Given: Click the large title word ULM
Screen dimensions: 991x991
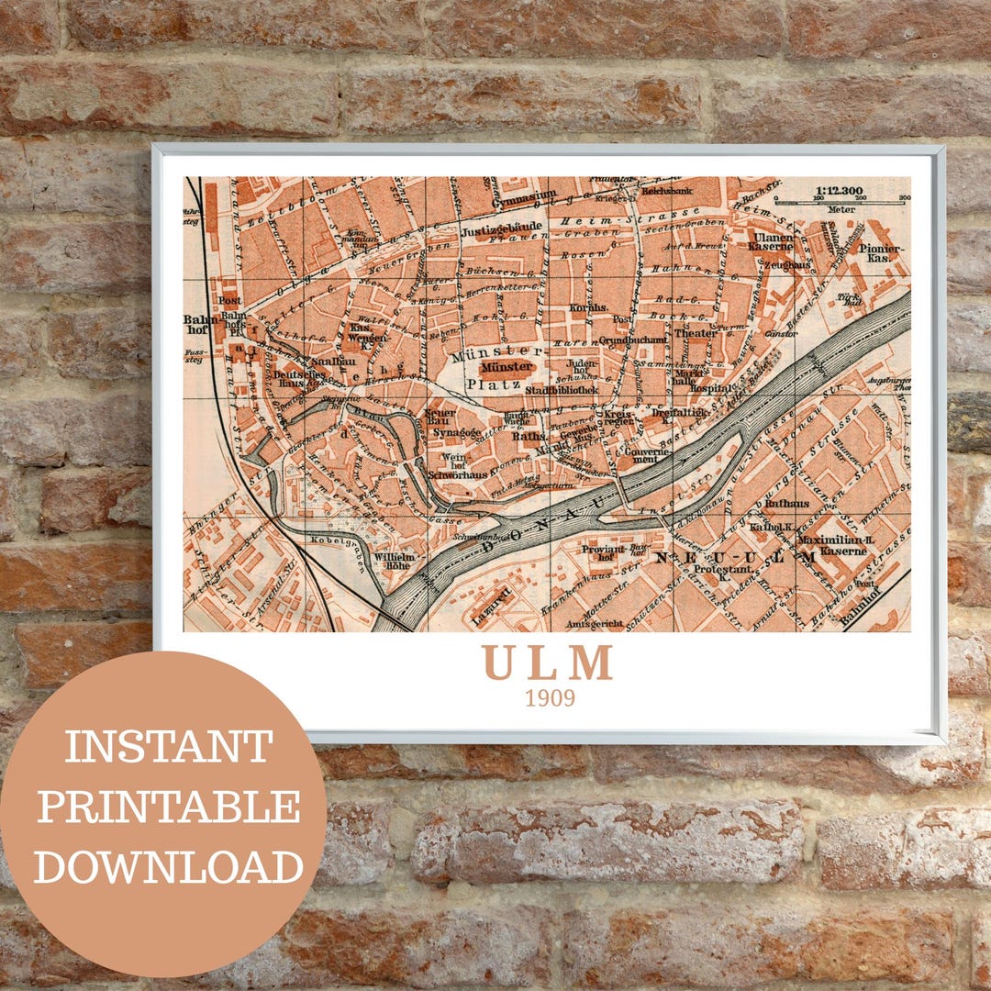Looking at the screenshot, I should (x=548, y=663).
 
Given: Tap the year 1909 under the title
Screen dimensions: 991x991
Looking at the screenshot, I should (x=550, y=698).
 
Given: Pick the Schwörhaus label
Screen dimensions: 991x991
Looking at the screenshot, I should (x=456, y=474).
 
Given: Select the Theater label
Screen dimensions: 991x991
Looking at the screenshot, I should (x=696, y=333).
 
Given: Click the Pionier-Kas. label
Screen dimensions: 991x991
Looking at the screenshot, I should (x=883, y=253).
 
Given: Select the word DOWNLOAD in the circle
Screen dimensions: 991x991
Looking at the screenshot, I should (x=168, y=866).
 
